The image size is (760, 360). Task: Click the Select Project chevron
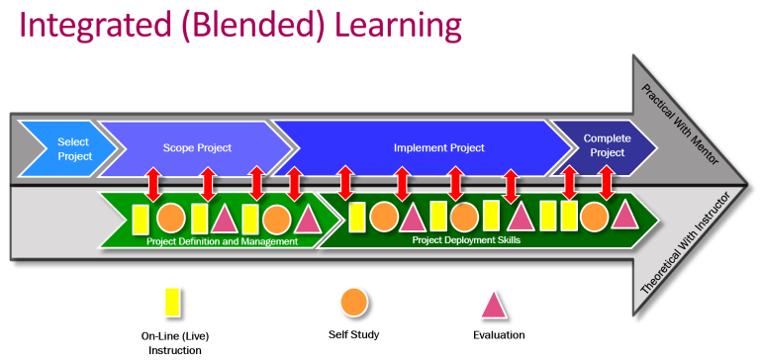coord(72,148)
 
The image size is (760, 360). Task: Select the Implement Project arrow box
coord(438,148)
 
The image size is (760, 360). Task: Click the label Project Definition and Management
coord(222,241)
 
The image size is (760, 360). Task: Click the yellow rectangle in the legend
coord(171,301)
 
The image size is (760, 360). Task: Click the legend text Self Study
coord(356,334)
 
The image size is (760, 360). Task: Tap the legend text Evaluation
coord(498,334)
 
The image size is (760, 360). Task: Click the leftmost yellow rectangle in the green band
coord(141,219)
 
